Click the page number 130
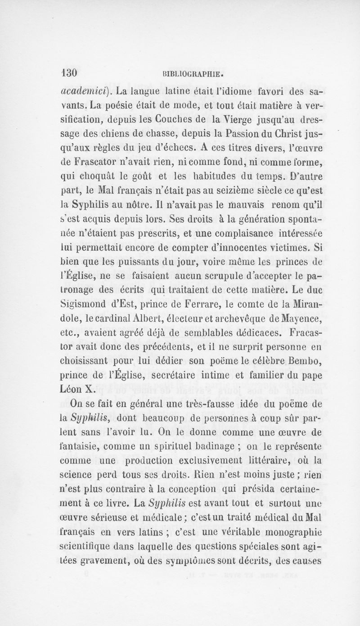pos(70,73)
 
